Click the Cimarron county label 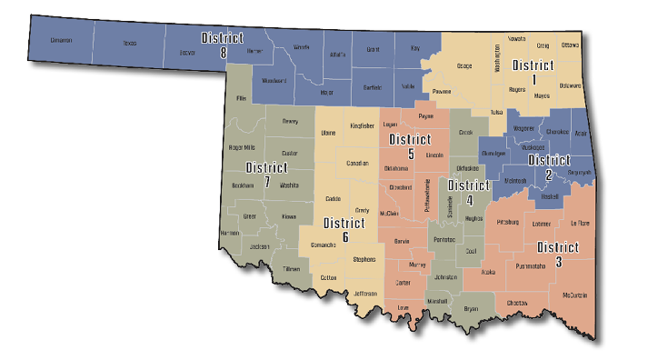[61, 41]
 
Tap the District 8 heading [223, 45]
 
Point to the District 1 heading [533, 72]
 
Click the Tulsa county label [496, 112]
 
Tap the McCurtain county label [574, 295]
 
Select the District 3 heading [557, 254]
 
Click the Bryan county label [471, 309]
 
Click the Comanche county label [324, 245]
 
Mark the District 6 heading [345, 229]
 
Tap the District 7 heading [266, 175]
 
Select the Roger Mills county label [243, 146]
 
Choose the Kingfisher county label [362, 126]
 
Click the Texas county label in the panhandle [129, 42]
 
